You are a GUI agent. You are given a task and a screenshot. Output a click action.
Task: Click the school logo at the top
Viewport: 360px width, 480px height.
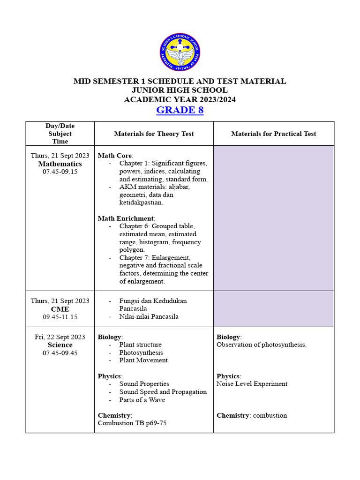click(x=180, y=52)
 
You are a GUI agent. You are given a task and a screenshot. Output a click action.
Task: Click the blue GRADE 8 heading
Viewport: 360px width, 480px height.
click(x=180, y=110)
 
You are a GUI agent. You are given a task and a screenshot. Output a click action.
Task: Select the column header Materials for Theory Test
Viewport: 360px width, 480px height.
click(x=154, y=134)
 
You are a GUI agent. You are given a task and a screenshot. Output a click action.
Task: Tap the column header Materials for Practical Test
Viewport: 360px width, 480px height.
click(x=273, y=134)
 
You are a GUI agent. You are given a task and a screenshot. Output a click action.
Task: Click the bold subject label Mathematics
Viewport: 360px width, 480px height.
click(x=60, y=164)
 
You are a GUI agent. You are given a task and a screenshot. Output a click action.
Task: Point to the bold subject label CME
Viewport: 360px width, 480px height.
click(x=60, y=309)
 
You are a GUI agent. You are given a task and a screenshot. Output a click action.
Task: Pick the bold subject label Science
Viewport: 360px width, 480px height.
click(x=60, y=345)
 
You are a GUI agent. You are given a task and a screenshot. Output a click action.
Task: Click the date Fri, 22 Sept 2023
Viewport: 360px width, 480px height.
click(x=60, y=337)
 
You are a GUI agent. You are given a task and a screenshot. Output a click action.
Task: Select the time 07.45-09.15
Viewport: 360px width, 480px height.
click(x=60, y=172)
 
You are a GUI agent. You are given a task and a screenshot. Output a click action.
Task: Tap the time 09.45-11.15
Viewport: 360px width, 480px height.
click(x=60, y=317)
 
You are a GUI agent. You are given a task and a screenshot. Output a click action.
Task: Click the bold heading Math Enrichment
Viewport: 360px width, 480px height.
click(x=126, y=218)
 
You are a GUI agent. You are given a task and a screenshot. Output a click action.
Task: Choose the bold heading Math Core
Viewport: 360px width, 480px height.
click(x=115, y=156)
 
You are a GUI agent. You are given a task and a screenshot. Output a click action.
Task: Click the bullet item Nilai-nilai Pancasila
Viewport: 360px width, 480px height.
click(x=149, y=316)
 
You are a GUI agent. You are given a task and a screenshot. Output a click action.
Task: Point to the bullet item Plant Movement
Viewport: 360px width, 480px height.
click(x=143, y=360)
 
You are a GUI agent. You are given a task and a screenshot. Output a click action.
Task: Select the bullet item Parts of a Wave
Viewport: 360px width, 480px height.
click(x=142, y=400)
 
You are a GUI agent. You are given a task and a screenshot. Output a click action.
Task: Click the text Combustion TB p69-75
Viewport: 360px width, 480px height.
click(x=132, y=423)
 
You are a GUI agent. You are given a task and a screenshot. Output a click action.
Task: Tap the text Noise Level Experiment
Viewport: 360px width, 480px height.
click(x=252, y=384)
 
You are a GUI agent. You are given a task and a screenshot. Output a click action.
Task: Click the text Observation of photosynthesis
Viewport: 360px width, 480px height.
click(x=262, y=345)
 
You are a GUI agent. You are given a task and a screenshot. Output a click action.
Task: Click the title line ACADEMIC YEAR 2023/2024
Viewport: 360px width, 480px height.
click(x=180, y=99)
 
